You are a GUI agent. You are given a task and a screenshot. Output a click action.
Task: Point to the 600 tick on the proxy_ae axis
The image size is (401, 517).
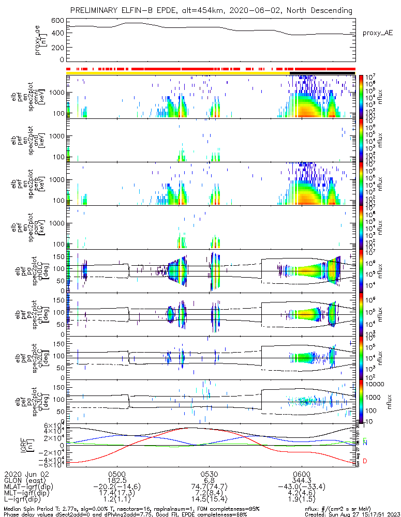(57, 21)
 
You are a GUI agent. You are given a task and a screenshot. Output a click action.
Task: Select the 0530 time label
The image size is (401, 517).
(209, 474)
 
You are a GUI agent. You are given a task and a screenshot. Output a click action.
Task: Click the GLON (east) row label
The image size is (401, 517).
(25, 480)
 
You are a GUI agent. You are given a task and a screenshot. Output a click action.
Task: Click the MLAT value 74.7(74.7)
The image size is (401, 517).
(209, 488)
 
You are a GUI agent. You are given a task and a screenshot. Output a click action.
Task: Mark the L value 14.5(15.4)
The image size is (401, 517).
(209, 501)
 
